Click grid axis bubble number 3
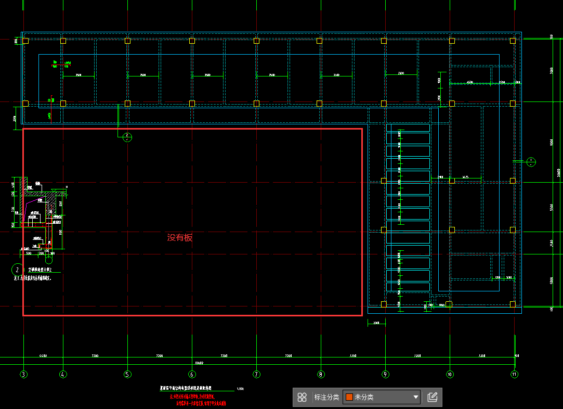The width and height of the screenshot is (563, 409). pyautogui.click(x=23, y=374)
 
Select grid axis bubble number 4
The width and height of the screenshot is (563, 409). pyautogui.click(x=63, y=374)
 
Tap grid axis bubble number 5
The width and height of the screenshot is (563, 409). pyautogui.click(x=127, y=374)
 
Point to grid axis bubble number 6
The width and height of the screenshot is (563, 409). pyautogui.click(x=192, y=374)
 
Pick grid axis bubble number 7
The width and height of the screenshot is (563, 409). pyautogui.click(x=256, y=374)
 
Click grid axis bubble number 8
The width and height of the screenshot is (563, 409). pyautogui.click(x=321, y=374)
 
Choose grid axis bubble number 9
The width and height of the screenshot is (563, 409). pyautogui.click(x=385, y=374)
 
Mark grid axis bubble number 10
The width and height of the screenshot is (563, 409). pyautogui.click(x=450, y=374)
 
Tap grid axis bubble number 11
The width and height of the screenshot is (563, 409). pyautogui.click(x=514, y=374)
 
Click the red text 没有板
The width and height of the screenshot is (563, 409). pyautogui.click(x=180, y=238)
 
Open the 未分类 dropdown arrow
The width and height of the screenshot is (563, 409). pyautogui.click(x=415, y=398)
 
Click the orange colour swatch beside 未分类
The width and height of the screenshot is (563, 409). pyautogui.click(x=349, y=397)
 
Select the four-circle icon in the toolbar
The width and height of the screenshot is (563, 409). pyautogui.click(x=302, y=398)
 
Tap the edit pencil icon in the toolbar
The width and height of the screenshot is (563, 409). pyautogui.click(x=432, y=398)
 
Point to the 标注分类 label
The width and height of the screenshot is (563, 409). pyautogui.click(x=326, y=398)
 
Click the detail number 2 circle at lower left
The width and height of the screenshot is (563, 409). pyautogui.click(x=18, y=270)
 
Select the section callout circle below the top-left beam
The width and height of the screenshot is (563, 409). pyautogui.click(x=127, y=137)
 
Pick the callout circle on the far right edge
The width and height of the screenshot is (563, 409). pyautogui.click(x=531, y=162)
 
